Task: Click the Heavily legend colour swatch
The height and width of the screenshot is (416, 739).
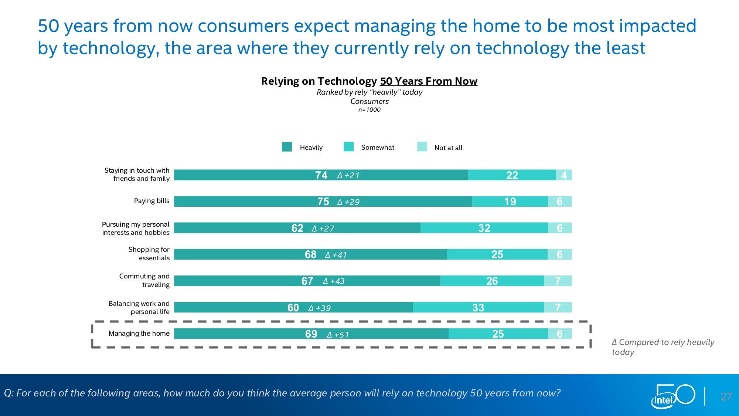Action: [x=287, y=147]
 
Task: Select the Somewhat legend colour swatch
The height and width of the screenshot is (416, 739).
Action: [x=348, y=147]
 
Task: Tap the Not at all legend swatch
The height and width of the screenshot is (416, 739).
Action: [x=422, y=147]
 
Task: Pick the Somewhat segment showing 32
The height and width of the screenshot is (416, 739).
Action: [x=484, y=228]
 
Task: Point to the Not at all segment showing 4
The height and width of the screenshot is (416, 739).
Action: [x=563, y=175]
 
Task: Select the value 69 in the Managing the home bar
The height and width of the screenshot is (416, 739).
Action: [x=311, y=334]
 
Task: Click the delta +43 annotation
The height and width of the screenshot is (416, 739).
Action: [x=334, y=281]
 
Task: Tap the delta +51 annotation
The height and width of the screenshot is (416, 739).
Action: [x=338, y=335]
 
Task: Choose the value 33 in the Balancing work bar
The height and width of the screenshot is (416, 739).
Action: [x=478, y=308]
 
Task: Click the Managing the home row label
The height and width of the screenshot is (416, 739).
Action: [x=139, y=334]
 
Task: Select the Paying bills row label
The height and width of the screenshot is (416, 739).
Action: [x=151, y=201]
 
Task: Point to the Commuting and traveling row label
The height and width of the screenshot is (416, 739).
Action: [x=144, y=280]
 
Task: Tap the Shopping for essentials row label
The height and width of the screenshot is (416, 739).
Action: [x=149, y=254]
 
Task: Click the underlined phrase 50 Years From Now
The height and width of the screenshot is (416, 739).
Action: [x=429, y=81]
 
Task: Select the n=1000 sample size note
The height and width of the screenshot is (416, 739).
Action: [x=369, y=110]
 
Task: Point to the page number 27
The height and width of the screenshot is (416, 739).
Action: [x=726, y=397]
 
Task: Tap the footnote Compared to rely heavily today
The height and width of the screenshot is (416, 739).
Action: [x=663, y=347]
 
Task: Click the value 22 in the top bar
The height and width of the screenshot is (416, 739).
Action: [x=512, y=175]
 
